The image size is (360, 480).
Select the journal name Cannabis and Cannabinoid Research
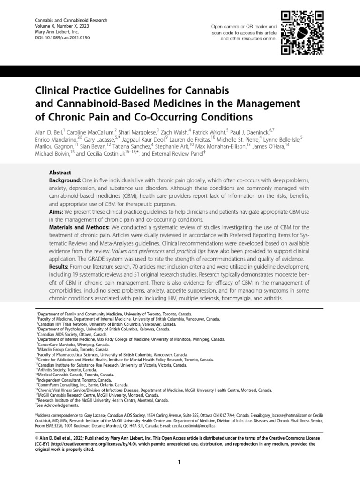coord(72,20)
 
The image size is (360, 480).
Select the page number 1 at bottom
coord(180,463)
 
